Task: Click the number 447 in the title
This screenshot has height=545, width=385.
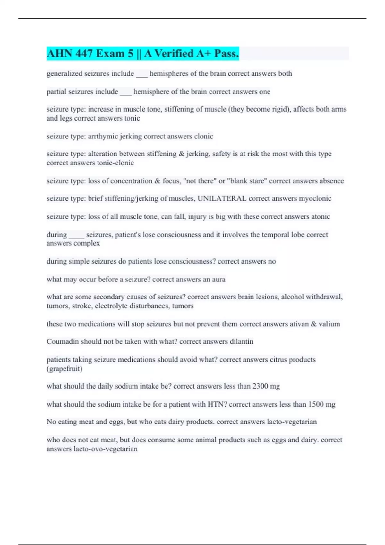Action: pos(84,54)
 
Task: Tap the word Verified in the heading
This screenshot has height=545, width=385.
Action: pos(173,54)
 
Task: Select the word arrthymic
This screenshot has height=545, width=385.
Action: pos(103,136)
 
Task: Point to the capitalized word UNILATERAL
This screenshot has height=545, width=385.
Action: pos(222,198)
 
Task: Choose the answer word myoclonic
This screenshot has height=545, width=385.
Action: pos(315,198)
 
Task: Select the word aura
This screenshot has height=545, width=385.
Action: pos(218,279)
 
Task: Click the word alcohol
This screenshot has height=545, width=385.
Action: pos(292,297)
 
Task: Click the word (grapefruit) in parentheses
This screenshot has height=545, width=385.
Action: pos(64,369)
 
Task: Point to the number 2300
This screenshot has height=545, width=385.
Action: pos(260,386)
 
